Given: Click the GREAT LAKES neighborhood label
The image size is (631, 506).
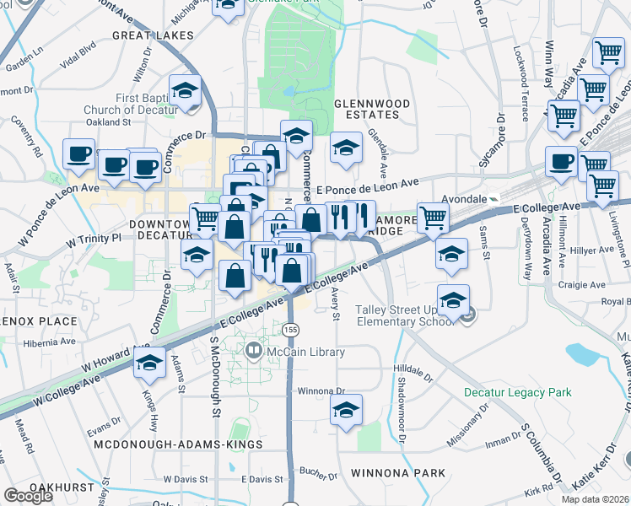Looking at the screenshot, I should click(x=153, y=36).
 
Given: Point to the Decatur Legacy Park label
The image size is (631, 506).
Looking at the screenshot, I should click(x=517, y=392).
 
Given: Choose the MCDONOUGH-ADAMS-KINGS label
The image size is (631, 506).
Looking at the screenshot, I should click(x=178, y=444).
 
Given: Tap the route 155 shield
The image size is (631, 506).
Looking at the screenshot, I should click(x=290, y=328).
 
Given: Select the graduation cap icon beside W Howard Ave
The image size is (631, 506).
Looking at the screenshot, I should click(x=148, y=363).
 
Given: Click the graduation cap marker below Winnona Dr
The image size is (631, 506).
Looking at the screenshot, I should click(x=346, y=411).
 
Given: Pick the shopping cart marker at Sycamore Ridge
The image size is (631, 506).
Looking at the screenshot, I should click(x=433, y=218).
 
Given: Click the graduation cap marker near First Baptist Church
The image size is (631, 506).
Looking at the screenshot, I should click(x=186, y=91).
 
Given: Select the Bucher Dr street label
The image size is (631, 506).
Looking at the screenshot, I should click(x=317, y=472).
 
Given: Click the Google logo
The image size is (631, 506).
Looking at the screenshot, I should click(x=29, y=496).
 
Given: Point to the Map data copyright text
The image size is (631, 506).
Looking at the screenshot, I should click(x=594, y=499).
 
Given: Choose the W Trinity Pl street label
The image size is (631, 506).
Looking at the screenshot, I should click(x=94, y=238).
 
